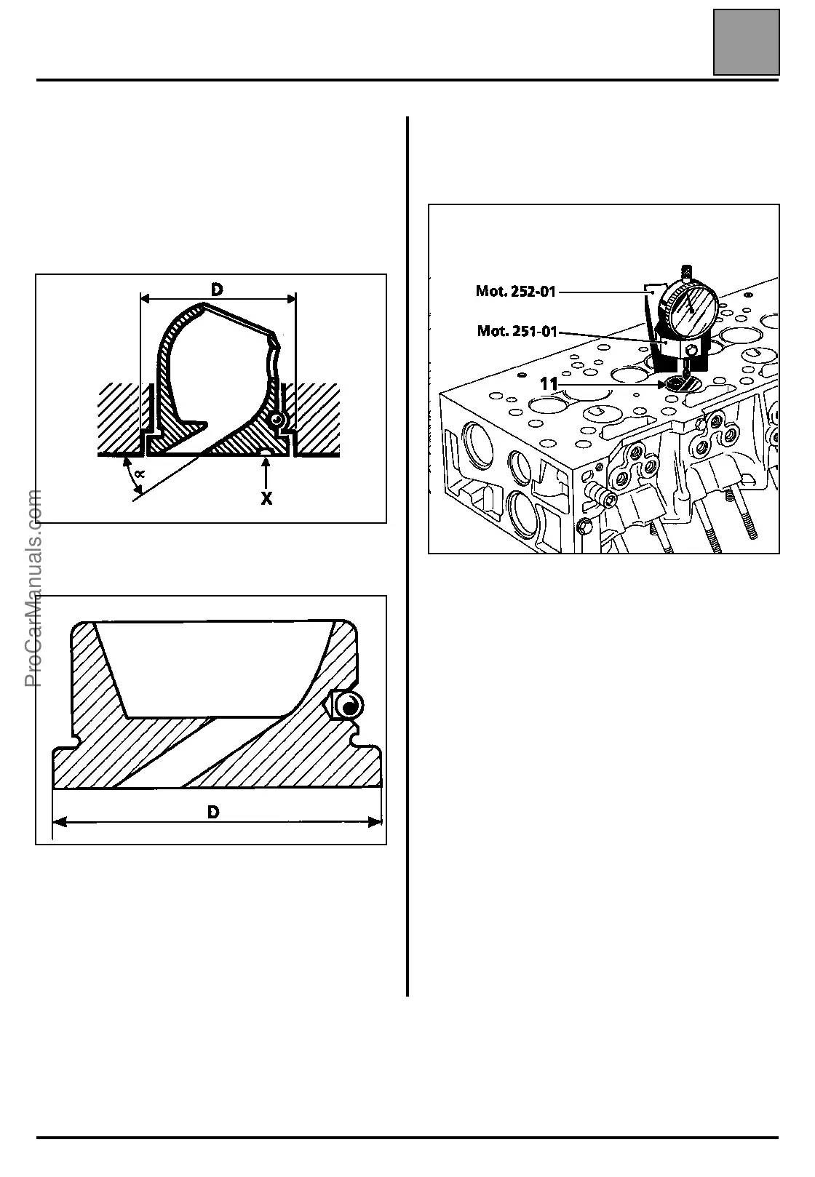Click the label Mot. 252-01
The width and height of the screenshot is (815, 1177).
coord(515,292)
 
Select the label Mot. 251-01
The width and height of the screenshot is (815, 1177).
coord(517,332)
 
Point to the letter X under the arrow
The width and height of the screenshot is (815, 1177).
coord(267,499)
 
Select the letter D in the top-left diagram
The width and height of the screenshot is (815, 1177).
coord(217,290)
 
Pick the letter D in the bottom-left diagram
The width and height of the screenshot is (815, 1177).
coord(213,811)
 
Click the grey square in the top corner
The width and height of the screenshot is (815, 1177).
coord(746,42)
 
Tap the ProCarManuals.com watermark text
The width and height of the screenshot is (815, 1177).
coord(33,588)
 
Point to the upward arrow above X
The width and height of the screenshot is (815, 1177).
coord(267,473)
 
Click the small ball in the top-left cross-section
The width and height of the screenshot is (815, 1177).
coord(277,420)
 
